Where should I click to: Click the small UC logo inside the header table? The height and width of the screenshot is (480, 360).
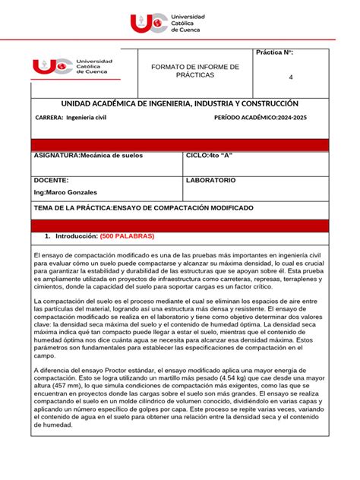[x=73, y=67]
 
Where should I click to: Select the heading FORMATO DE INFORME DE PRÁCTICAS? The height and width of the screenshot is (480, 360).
[x=195, y=71]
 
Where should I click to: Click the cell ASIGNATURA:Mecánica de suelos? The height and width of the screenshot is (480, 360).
[x=88, y=155]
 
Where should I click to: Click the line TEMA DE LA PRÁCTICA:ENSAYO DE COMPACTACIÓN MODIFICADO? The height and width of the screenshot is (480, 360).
[x=144, y=207]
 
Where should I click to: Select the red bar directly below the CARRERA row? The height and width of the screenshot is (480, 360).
[x=179, y=144]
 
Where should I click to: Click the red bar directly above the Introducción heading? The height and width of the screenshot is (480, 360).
[x=179, y=225]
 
